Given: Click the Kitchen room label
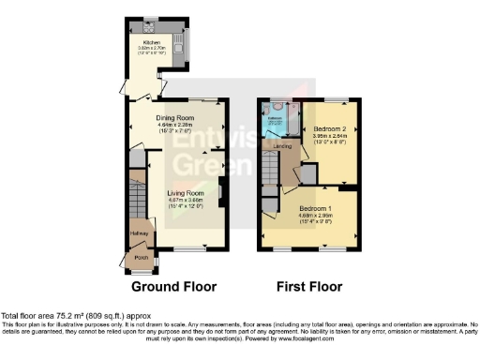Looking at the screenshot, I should [x=152, y=42].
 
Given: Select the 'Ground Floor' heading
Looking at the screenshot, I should [x=173, y=286].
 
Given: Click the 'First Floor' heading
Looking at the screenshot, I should [x=309, y=286].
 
